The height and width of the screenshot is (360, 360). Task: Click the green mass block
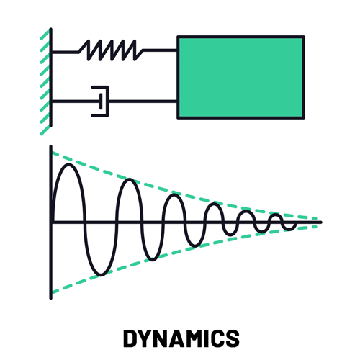pyautogui.click(x=240, y=77)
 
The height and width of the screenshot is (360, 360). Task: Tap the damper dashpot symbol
pyautogui.click(x=99, y=101)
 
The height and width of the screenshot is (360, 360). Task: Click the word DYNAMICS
pyautogui.click(x=180, y=338)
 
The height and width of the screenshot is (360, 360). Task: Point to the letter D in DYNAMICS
pyautogui.click(x=130, y=338)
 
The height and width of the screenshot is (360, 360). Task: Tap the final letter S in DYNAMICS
pyautogui.click(x=231, y=338)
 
